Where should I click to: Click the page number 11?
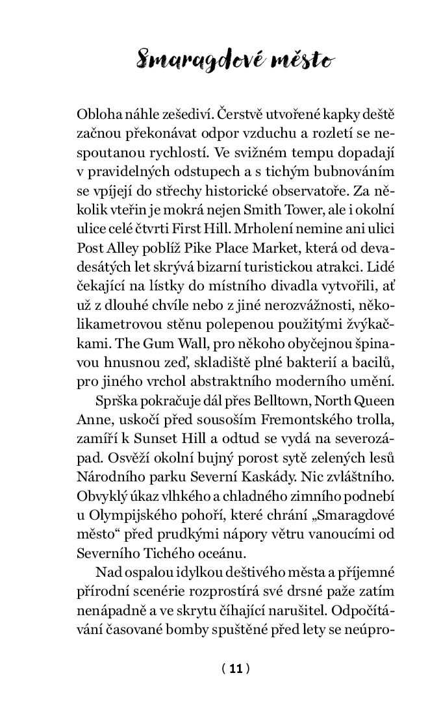click(x=235, y=668)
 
